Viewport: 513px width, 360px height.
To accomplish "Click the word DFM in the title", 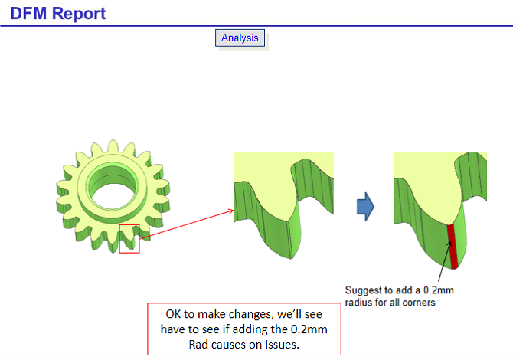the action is tap(29, 14).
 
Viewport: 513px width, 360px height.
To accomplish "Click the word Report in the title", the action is tap(79, 14).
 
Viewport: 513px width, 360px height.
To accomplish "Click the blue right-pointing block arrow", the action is tap(365, 207).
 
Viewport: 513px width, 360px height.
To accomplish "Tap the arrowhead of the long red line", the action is tap(230, 211).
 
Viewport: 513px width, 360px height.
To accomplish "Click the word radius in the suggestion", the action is tap(358, 303).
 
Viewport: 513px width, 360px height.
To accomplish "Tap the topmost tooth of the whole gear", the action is tap(113, 146).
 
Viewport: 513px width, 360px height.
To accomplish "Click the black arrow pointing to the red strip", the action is tap(445, 261).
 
